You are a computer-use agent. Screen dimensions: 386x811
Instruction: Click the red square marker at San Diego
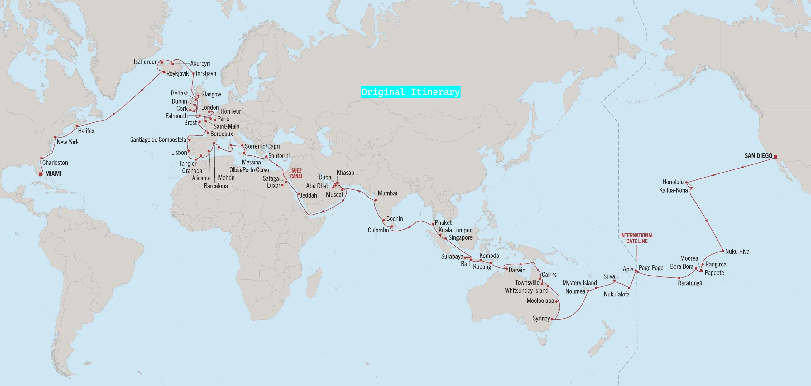click(775, 157)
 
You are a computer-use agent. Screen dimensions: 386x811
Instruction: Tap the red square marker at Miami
click(40, 174)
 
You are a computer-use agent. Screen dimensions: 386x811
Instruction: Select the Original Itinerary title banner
click(410, 92)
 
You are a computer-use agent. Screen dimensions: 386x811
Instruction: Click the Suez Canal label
click(296, 173)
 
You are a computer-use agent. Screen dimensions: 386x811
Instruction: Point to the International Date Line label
click(636, 238)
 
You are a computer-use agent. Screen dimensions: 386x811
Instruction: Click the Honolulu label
click(673, 182)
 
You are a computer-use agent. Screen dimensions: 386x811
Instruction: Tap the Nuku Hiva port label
click(737, 252)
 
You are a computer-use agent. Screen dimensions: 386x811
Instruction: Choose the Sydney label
click(541, 318)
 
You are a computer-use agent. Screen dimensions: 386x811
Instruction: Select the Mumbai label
click(387, 193)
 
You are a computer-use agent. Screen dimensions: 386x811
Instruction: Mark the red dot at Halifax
click(77, 126)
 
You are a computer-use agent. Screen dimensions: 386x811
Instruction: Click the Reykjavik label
click(178, 73)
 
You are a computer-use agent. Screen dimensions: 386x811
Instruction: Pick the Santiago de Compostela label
click(158, 139)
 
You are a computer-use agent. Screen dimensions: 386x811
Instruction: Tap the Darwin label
click(517, 270)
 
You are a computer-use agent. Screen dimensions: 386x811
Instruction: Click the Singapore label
click(460, 237)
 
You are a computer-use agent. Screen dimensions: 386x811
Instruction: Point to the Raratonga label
click(690, 283)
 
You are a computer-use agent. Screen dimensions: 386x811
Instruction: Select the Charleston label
click(55, 163)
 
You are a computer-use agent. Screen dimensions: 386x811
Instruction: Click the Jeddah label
click(309, 195)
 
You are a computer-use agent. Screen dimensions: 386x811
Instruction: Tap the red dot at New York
click(55, 137)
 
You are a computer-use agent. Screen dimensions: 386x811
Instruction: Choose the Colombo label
click(378, 230)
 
